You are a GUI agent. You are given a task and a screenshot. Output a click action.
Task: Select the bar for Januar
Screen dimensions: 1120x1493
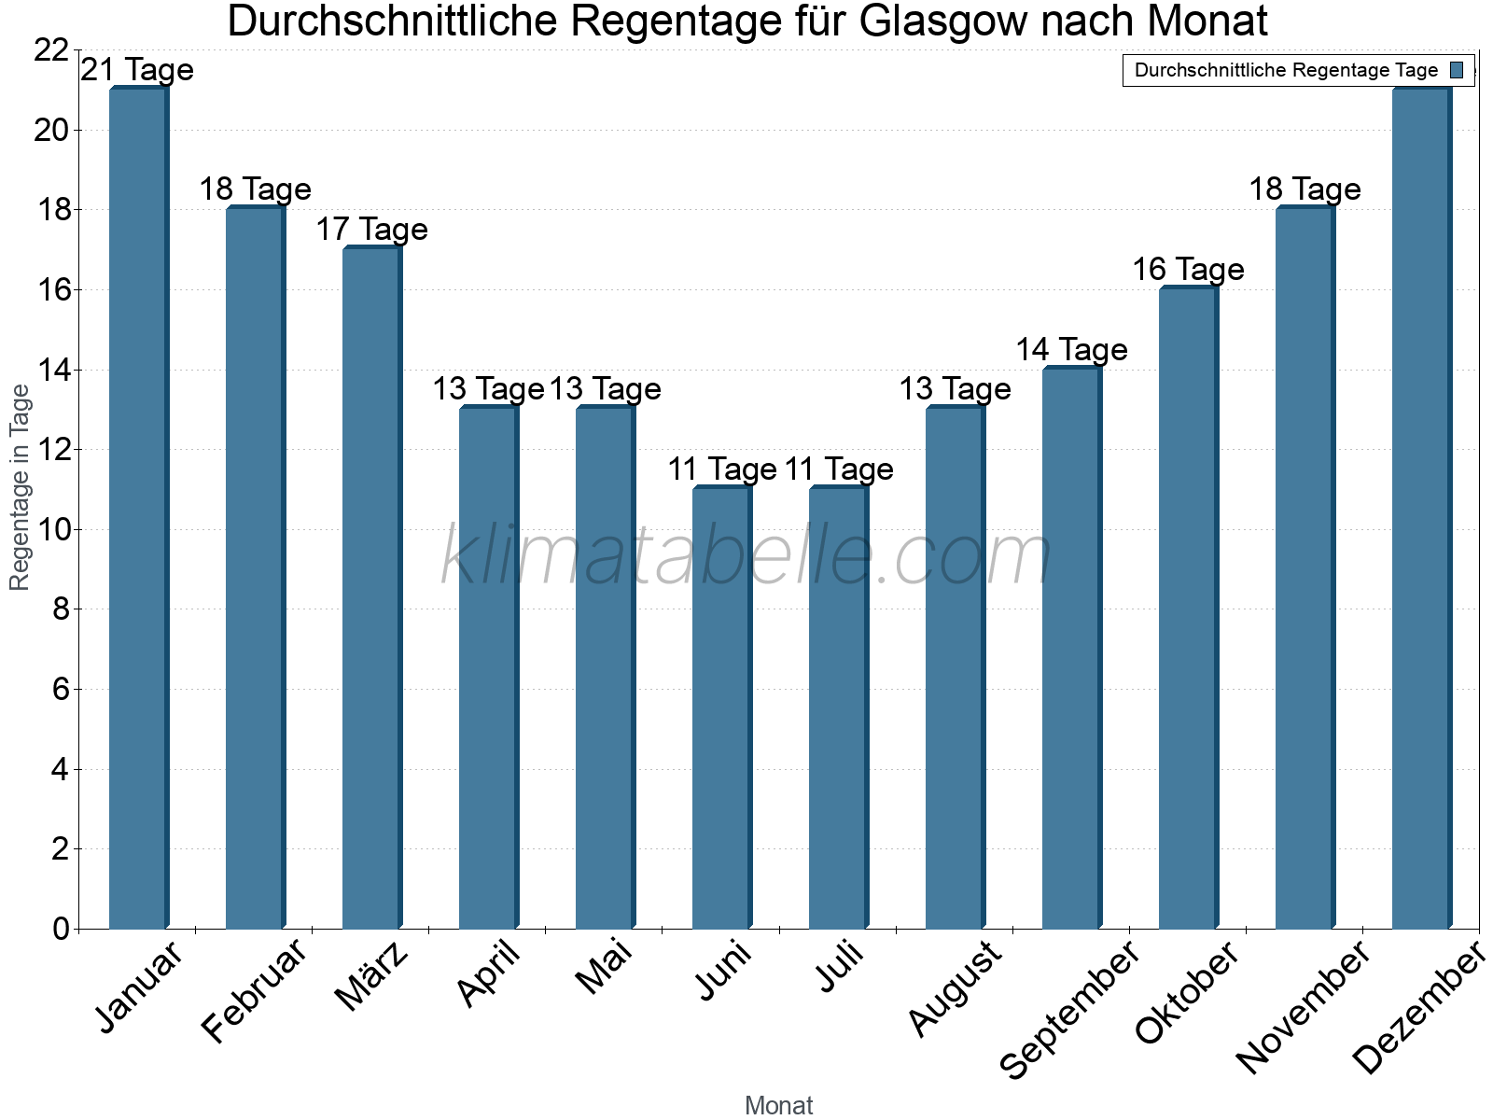pyautogui.click(x=138, y=509)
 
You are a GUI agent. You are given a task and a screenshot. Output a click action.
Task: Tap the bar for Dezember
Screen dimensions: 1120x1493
pyautogui.click(x=1421, y=509)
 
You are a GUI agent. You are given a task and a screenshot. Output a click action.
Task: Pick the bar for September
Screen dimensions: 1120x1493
pyautogui.click(x=1071, y=648)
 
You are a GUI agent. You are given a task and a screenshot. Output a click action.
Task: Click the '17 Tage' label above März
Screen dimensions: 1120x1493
pyautogui.click(x=371, y=230)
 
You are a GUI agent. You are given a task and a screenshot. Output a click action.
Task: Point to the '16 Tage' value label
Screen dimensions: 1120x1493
pyautogui.click(x=1188, y=270)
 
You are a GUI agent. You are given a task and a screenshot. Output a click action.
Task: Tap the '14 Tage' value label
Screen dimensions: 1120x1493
pyautogui.click(x=1071, y=350)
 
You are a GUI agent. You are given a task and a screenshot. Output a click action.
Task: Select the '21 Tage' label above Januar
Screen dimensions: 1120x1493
pyautogui.click(x=138, y=70)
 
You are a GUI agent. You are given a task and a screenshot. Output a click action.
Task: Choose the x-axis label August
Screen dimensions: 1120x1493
pyautogui.click(x=955, y=989)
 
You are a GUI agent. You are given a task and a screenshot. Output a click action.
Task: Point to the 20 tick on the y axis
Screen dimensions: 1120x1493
pyautogui.click(x=51, y=130)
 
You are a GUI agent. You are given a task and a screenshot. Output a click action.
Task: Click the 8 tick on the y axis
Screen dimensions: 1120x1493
pyautogui.click(x=61, y=609)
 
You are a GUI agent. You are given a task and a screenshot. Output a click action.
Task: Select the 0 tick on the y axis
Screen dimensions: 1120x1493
pyautogui.click(x=61, y=929)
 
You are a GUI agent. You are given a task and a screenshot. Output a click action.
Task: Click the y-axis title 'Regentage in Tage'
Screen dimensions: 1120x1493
pyautogui.click(x=20, y=487)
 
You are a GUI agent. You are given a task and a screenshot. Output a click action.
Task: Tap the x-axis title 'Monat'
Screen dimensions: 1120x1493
pyautogui.click(x=778, y=1105)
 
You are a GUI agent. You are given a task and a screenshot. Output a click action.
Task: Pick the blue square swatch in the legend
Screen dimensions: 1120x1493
pyautogui.click(x=1457, y=70)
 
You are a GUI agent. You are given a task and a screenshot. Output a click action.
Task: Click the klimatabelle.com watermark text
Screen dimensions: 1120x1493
pyautogui.click(x=746, y=555)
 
